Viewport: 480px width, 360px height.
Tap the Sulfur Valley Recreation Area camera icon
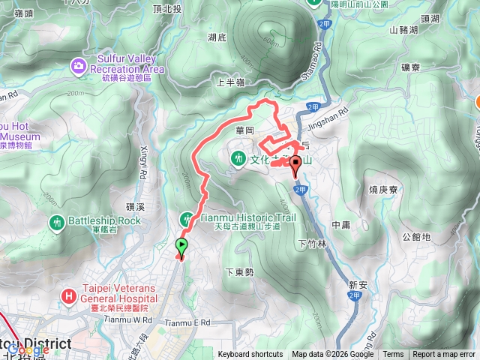[x=79, y=67]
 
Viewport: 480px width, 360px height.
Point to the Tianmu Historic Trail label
[x=249, y=217]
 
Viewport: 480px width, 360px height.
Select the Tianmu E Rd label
[x=189, y=322]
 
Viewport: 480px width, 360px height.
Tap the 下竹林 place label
[x=313, y=243]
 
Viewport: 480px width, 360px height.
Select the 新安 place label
[x=358, y=284]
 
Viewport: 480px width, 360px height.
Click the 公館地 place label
[x=416, y=236]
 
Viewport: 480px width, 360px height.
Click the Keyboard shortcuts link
[x=250, y=355]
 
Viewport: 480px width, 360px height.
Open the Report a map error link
[x=444, y=355]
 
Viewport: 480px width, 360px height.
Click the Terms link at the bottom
[x=393, y=355]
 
